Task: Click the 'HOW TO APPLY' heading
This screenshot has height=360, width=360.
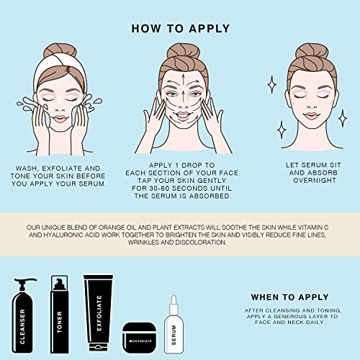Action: (x=181, y=29)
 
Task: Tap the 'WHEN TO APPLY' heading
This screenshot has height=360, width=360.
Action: (x=289, y=297)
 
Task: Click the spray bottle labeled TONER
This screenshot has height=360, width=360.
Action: (x=59, y=314)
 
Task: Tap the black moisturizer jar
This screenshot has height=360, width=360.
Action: (x=139, y=338)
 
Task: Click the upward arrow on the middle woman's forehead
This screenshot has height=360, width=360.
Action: (x=184, y=81)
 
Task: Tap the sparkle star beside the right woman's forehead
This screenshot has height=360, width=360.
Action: (x=271, y=84)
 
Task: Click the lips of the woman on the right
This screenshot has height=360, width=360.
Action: (x=311, y=116)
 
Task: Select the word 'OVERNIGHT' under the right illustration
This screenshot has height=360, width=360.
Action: (x=315, y=180)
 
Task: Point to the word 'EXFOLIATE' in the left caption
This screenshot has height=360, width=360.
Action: (x=62, y=168)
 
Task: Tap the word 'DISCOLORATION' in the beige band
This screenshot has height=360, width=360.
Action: (x=201, y=243)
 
